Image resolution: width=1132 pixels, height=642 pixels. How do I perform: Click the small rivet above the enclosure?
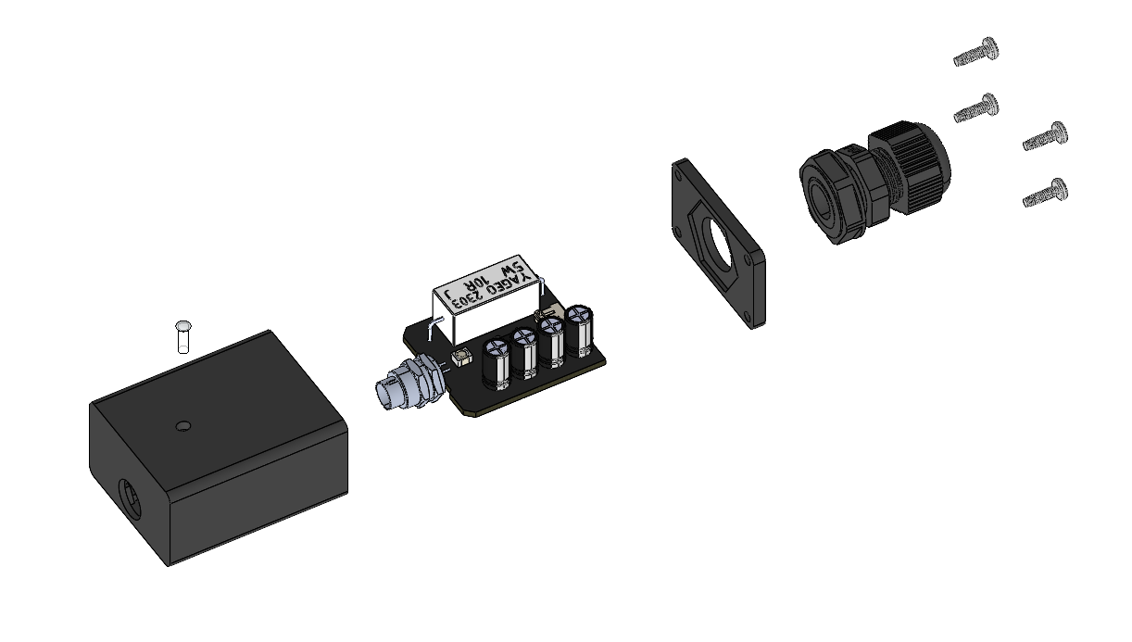182,336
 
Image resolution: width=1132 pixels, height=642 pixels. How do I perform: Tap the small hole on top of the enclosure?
183,426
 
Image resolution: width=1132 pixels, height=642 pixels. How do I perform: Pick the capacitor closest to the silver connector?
496,364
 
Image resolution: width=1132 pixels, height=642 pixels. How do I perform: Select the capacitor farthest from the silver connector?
579,332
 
